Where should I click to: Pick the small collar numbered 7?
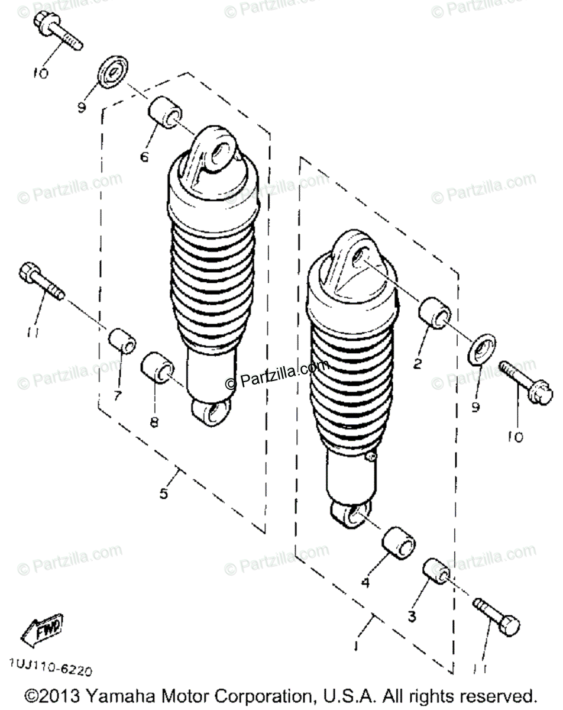tap(122, 341)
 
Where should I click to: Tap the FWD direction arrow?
tap(42, 629)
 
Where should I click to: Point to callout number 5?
tap(164, 492)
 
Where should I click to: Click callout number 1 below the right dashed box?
tap(356, 644)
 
